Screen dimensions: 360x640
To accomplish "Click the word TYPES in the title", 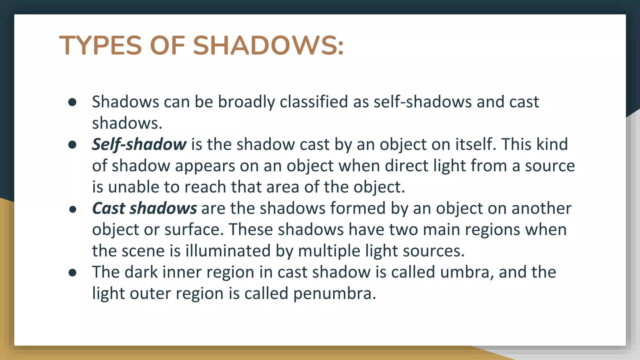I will coord(100,46).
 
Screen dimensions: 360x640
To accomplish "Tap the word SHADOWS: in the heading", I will coord(268,46).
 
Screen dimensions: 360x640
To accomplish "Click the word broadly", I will coord(246,102).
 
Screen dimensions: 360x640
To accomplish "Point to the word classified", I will coord(314,102).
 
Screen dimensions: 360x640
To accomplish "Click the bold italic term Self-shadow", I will coord(139,145).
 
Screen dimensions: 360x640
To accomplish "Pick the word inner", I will coord(181,272).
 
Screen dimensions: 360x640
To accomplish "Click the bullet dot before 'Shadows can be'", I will coord(72,102).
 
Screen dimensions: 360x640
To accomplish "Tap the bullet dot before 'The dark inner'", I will coord(72,272).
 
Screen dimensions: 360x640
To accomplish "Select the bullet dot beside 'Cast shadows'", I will coord(72,209).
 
